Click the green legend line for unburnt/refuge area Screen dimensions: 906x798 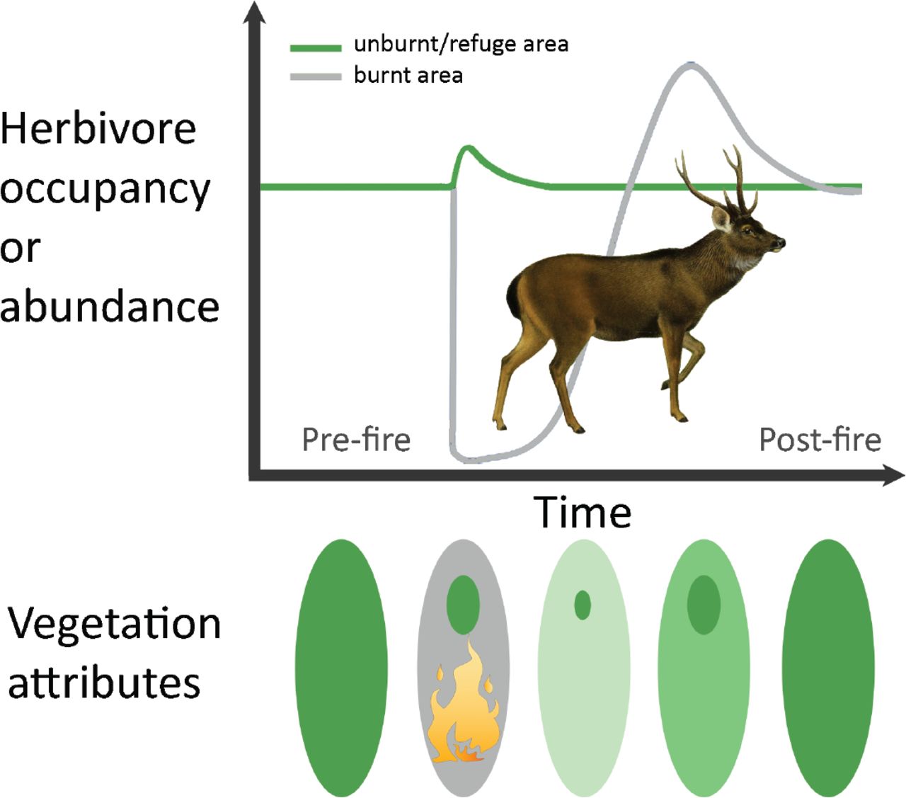pos(316,48)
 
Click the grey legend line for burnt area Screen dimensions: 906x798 pos(316,77)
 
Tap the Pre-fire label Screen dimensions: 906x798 pos(356,440)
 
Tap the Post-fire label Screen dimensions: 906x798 pos(820,440)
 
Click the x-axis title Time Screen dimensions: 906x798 pos(583,513)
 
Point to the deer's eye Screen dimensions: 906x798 pos(747,230)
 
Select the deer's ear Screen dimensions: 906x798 pos(721,220)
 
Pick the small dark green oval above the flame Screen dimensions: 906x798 pos(463,605)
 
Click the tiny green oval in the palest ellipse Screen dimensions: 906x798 pos(583,605)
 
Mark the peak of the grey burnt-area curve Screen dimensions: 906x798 pos(692,65)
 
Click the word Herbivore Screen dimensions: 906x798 pos(98,129)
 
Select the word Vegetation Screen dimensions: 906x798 pos(115,625)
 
